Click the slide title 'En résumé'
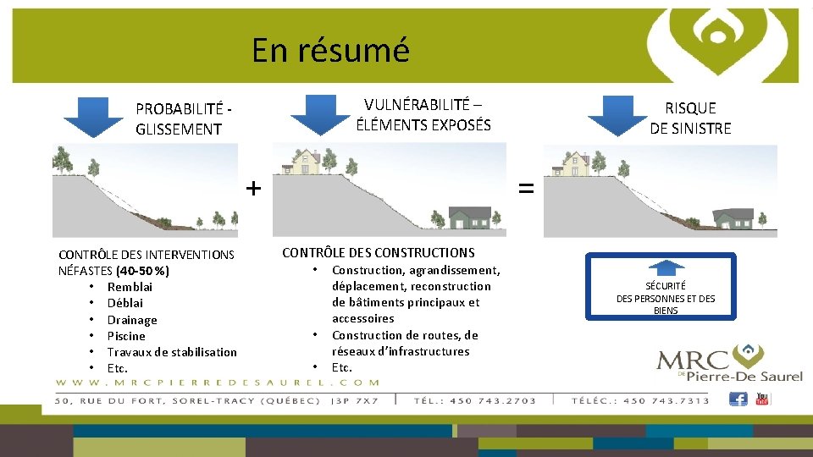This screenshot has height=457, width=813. [330, 50]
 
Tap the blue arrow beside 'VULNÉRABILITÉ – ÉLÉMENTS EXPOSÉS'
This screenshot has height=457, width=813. [320, 114]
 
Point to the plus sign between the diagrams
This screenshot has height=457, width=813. [253, 187]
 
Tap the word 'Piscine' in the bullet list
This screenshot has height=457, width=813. [126, 336]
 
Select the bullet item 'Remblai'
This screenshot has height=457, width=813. [130, 287]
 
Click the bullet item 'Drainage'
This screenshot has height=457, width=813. [132, 320]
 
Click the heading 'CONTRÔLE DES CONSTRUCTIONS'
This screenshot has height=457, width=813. [378, 252]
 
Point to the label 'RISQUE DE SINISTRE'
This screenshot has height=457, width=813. [690, 118]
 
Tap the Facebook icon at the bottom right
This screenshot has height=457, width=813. [738, 399]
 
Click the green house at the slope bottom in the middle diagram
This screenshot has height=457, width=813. [470, 217]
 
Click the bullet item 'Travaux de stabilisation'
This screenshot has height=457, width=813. [172, 352]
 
